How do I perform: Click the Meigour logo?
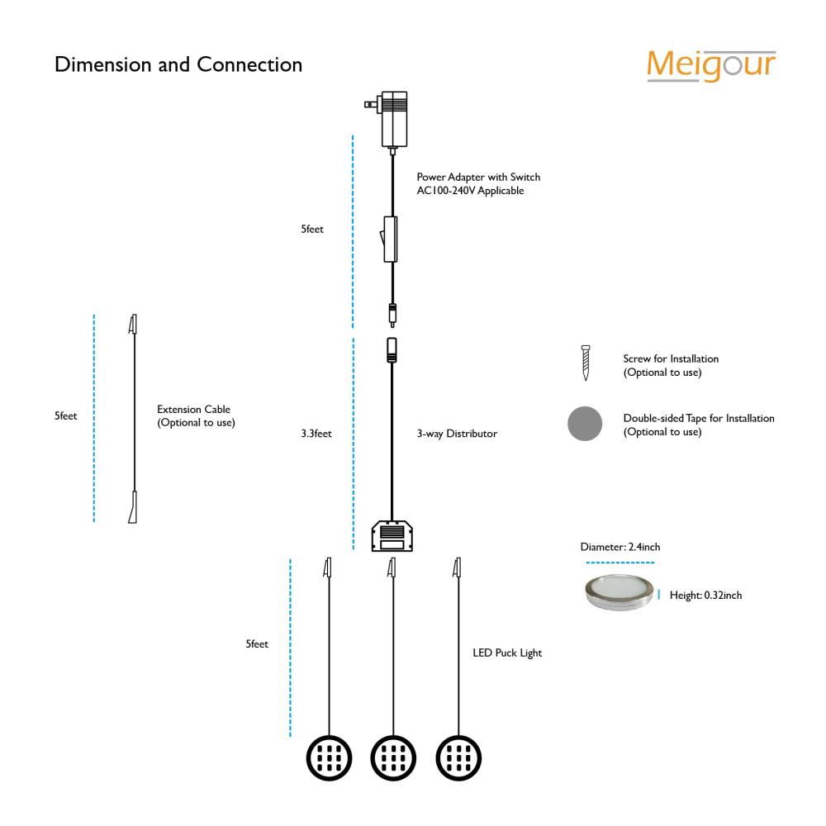[711, 66]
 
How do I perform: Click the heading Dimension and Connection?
[178, 64]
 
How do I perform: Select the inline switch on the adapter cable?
[389, 239]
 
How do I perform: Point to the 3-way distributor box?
[392, 536]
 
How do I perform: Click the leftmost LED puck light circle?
[330, 758]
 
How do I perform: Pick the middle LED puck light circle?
[393, 758]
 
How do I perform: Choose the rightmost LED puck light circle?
[458, 758]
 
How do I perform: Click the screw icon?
[586, 363]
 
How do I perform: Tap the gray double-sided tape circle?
[585, 424]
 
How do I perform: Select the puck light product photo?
[619, 592]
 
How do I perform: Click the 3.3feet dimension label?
[316, 434]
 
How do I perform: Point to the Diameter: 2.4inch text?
[620, 547]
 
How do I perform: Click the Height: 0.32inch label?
[706, 596]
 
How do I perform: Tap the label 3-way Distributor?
[458, 434]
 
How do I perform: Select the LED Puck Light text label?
[507, 653]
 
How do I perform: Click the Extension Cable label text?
[194, 410]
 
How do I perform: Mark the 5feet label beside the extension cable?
[66, 415]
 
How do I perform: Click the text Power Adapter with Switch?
[478, 177]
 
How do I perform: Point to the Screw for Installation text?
[671, 358]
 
